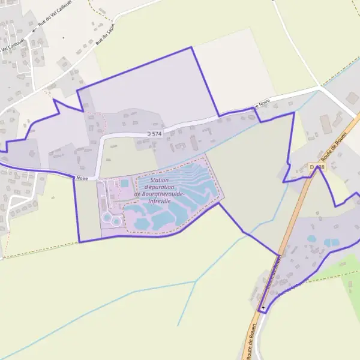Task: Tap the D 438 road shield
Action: [x=317, y=167]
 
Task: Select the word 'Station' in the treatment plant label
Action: [x=160, y=180]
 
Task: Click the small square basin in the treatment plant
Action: [x=125, y=183]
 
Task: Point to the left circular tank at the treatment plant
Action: [x=107, y=217]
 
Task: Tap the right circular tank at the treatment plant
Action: [x=116, y=221]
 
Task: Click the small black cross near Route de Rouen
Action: [x=263, y=308]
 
